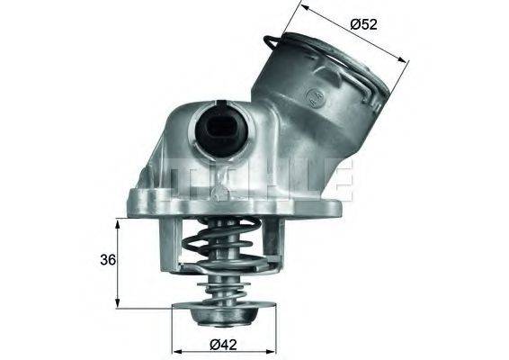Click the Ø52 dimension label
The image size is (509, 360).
pos(364,24)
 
